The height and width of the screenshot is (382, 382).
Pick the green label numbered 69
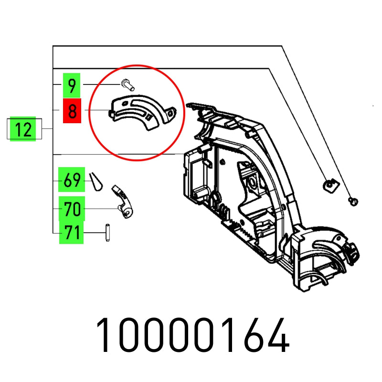[x=72, y=180]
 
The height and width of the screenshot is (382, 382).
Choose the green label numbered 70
[x=72, y=209]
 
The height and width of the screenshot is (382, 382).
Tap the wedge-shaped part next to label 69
[x=95, y=180]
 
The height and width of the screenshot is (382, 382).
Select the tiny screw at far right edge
[x=353, y=201]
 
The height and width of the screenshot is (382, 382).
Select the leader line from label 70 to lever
[x=100, y=209]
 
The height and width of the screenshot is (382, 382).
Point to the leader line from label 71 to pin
[x=93, y=233]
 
